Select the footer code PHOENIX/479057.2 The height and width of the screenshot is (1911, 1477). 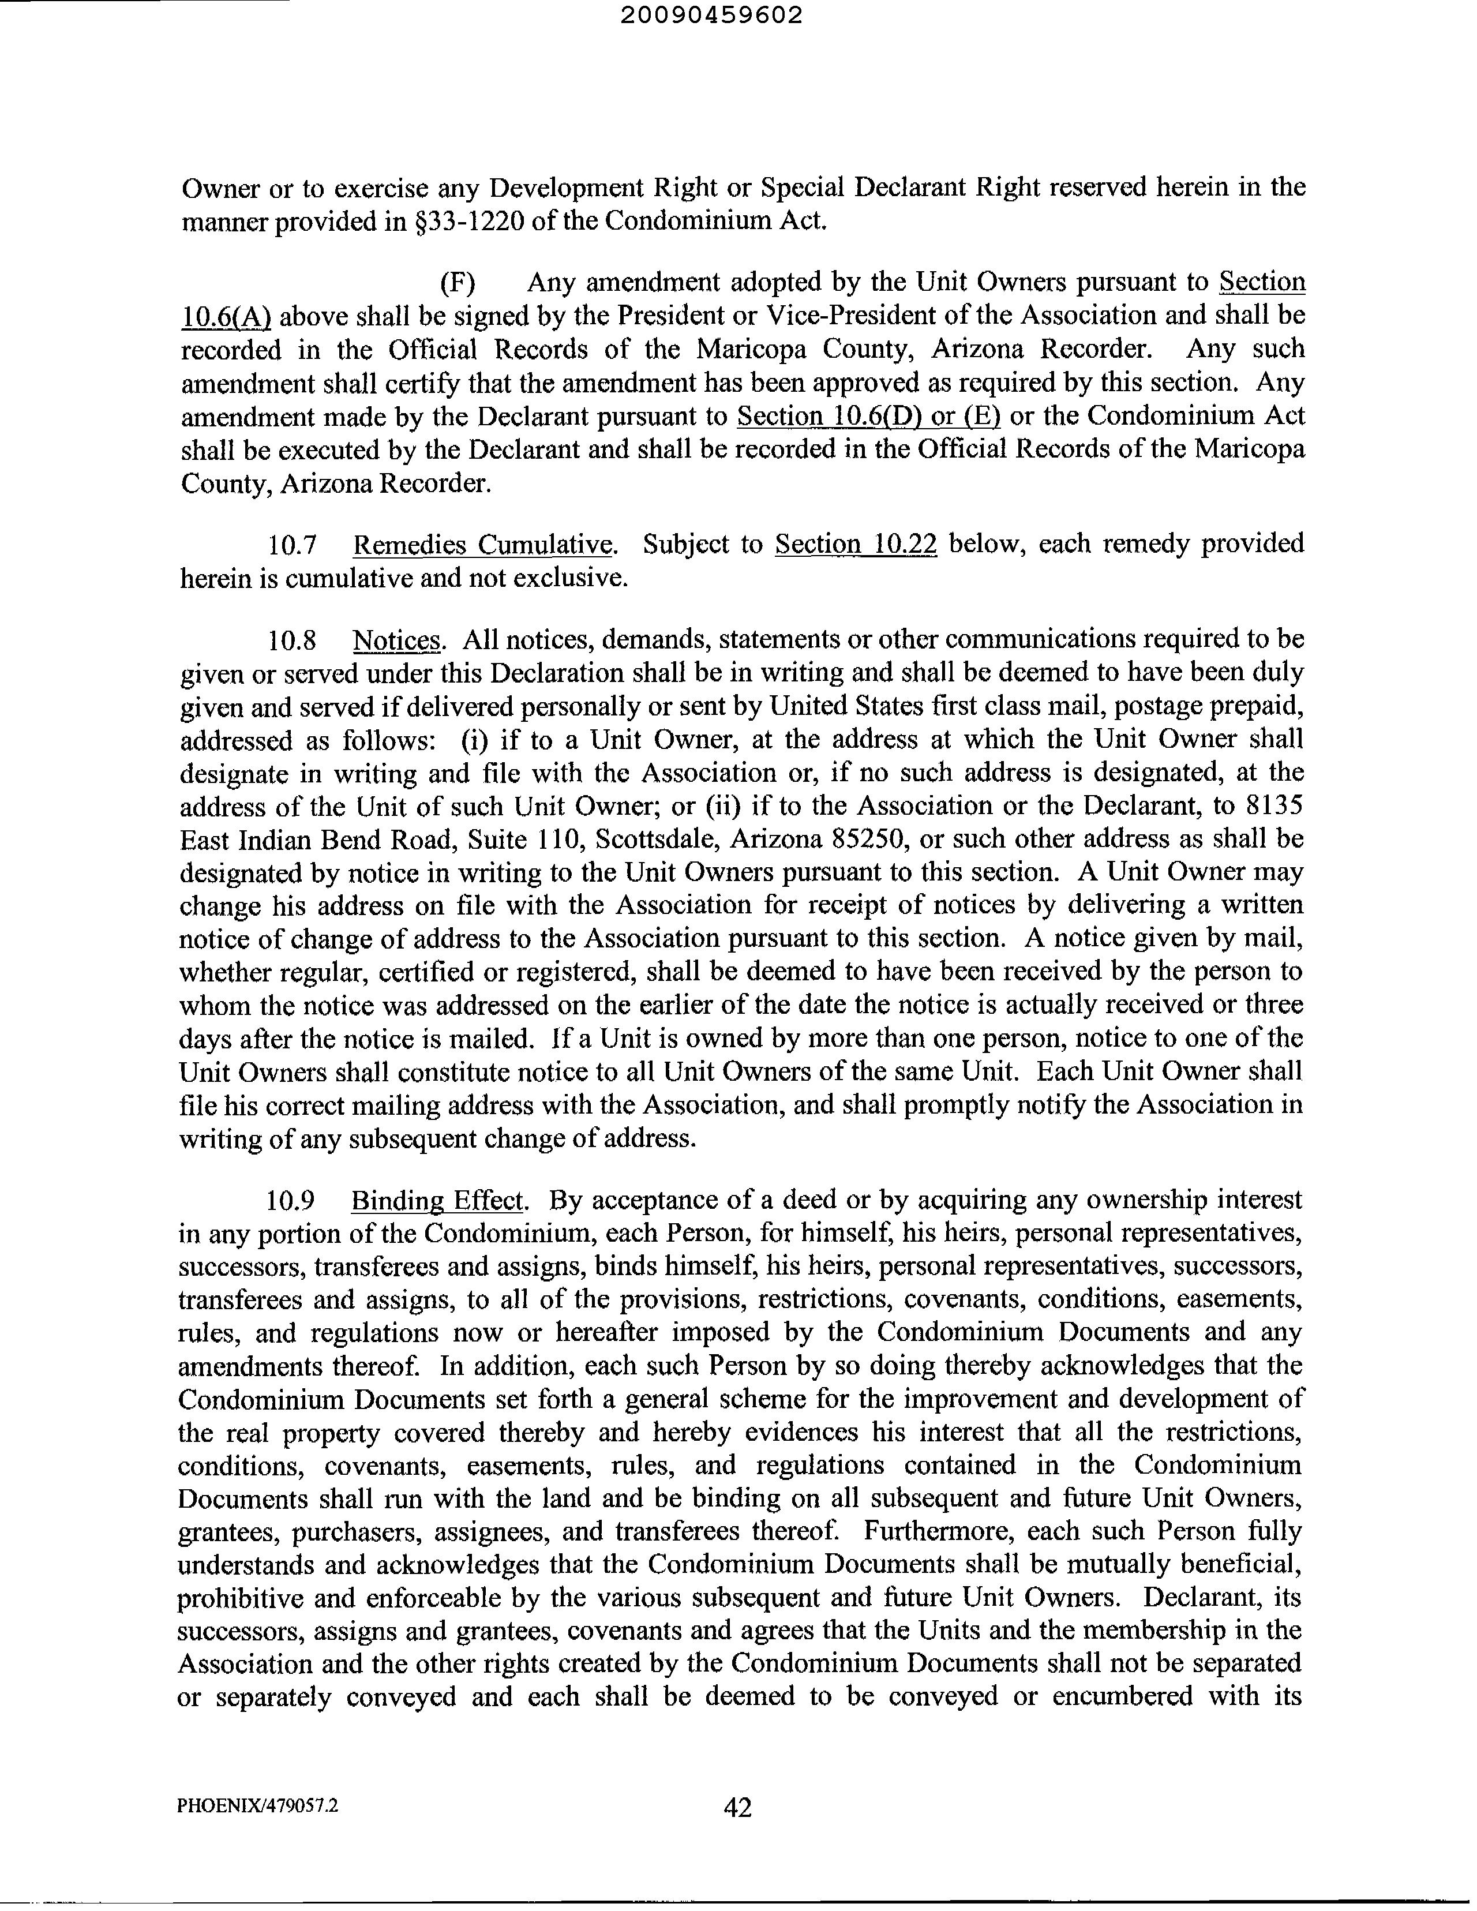(x=257, y=1805)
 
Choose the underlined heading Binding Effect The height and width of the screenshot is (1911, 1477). (x=437, y=1201)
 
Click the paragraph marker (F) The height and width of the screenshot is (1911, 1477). (x=457, y=283)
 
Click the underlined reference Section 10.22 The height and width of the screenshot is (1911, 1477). (x=856, y=544)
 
